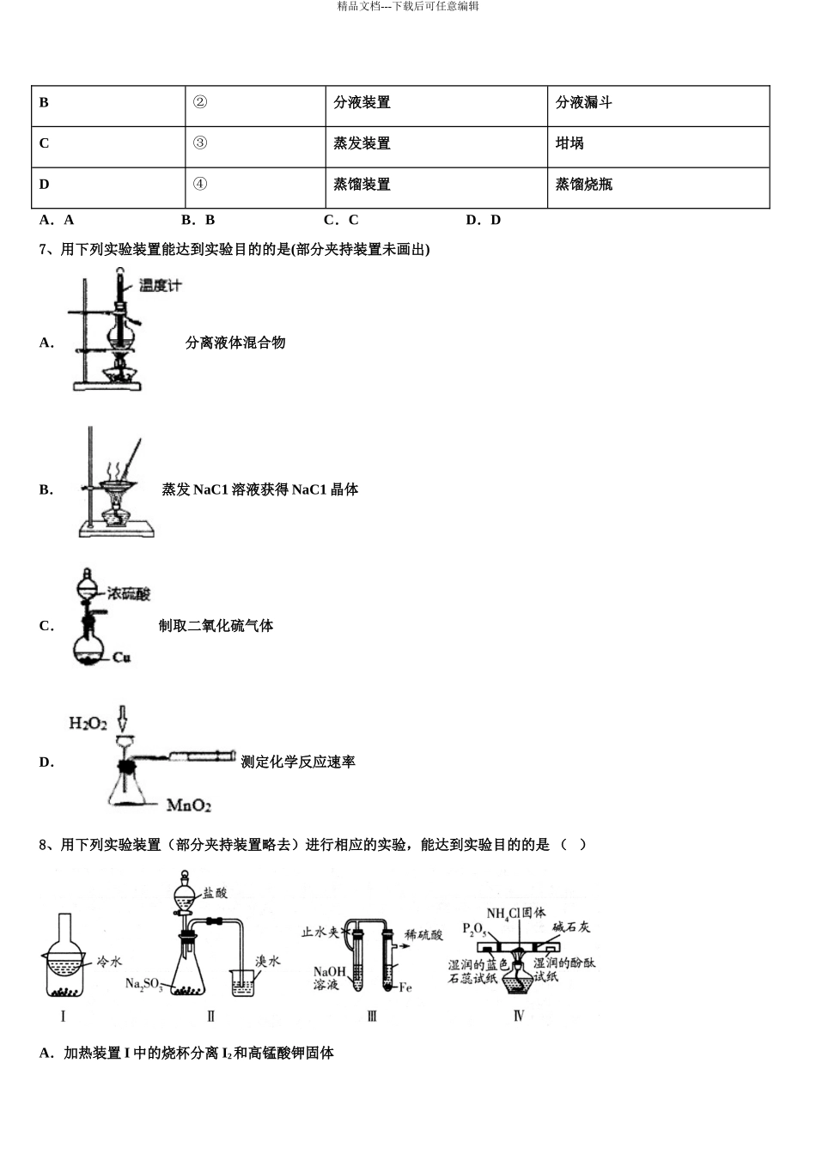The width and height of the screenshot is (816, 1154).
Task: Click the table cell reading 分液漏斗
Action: click(x=658, y=106)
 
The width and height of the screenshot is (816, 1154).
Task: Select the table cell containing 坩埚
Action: click(x=658, y=147)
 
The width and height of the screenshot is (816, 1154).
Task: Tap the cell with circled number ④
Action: click(x=255, y=187)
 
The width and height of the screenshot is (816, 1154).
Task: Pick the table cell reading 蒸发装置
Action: click(x=436, y=147)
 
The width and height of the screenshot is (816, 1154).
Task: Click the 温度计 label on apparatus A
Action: click(x=161, y=285)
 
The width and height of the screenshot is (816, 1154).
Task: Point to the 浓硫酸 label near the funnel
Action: click(x=129, y=594)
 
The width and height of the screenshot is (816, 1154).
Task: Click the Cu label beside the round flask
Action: click(x=122, y=658)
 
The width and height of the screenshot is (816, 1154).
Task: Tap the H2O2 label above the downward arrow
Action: click(x=88, y=723)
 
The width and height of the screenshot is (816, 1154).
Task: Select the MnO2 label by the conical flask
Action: click(x=189, y=805)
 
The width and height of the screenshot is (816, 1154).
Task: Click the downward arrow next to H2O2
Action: click(x=122, y=719)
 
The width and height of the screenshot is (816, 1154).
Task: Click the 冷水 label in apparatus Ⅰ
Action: click(x=109, y=962)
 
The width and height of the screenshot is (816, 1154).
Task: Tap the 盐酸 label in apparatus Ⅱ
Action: click(x=215, y=893)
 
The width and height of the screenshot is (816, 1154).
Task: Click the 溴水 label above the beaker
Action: click(x=267, y=962)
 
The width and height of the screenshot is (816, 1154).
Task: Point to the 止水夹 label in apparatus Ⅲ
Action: click(x=320, y=932)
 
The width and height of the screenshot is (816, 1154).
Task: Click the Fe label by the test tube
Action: click(x=405, y=987)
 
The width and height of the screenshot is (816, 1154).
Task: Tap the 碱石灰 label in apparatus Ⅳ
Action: click(x=571, y=926)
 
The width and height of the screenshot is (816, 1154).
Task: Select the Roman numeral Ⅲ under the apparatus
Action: click(x=372, y=1016)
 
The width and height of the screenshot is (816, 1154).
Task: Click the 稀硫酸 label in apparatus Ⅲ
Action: click(x=423, y=934)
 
